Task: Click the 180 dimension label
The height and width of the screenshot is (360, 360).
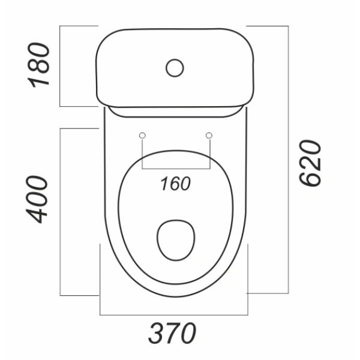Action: click(38, 65)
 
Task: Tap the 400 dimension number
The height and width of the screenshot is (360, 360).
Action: click(37, 200)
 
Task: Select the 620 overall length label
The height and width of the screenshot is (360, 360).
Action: click(310, 163)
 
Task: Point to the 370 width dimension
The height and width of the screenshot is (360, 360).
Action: click(172, 332)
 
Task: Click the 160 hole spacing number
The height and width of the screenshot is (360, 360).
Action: click(175, 184)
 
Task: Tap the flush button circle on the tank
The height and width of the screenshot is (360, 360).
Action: click(175, 68)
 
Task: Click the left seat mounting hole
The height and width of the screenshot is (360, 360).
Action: click(142, 136)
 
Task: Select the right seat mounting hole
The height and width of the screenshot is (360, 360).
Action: click(209, 136)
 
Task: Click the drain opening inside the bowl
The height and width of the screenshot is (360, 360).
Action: click(176, 240)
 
